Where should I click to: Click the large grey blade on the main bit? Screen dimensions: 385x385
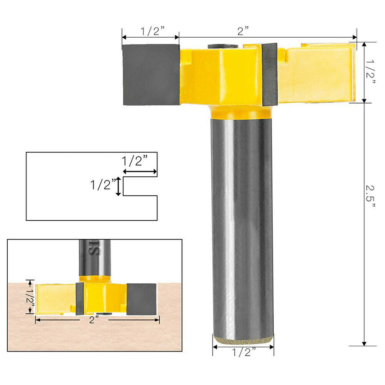point(151,75)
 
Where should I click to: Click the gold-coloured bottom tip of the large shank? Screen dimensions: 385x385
point(243,340)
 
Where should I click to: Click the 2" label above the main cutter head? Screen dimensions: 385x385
point(243,31)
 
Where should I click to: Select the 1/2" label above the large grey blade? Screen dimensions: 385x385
point(151,31)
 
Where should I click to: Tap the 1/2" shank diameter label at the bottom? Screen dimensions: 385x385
point(243,352)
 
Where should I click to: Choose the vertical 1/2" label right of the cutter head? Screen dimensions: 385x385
point(370,73)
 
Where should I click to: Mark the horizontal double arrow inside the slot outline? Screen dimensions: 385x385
point(140,172)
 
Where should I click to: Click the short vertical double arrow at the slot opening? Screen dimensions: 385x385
point(119,186)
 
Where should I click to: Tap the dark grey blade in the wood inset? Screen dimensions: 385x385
point(141,299)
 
